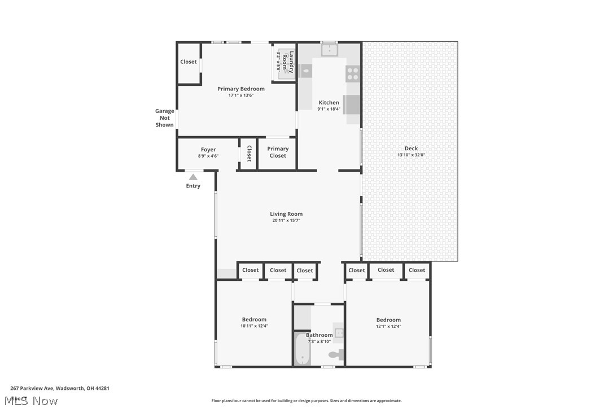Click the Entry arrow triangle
click(193, 177)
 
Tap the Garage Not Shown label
click(165, 118)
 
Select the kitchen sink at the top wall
click(329, 50)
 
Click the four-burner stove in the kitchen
click(353, 74)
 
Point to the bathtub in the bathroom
click(302, 350)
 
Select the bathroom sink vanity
click(339, 333)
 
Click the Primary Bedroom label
click(241, 89)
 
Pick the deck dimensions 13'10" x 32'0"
click(411, 155)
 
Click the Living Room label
click(286, 214)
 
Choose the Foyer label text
click(208, 150)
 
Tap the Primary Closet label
click(278, 153)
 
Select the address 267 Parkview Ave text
click(60, 388)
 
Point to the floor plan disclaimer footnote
click(306, 401)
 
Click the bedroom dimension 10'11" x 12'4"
click(254, 326)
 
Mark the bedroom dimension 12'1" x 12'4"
click(388, 326)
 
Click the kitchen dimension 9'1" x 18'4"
click(329, 109)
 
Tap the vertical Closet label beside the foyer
click(249, 154)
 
